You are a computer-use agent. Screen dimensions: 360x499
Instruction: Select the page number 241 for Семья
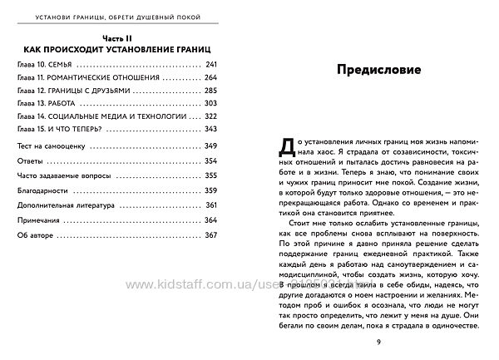coord(210,65)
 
